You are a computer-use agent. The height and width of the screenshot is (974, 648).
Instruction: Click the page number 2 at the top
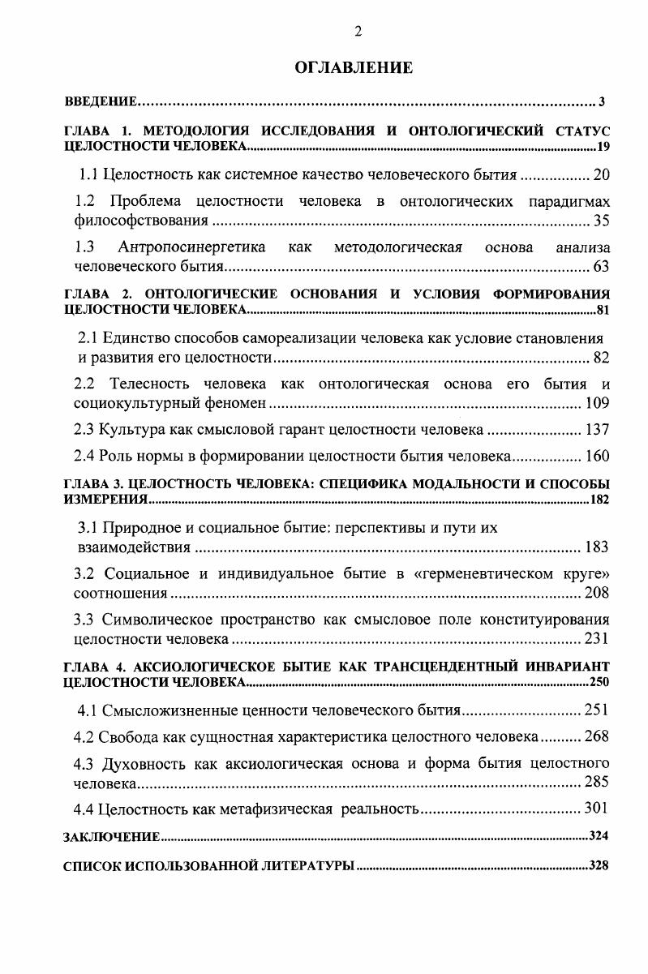[x=358, y=32]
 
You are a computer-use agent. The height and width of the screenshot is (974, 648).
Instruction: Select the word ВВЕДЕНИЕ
[x=99, y=102]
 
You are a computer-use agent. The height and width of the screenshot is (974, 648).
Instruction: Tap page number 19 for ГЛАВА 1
[x=602, y=147]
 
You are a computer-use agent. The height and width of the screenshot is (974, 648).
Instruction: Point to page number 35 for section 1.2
[x=601, y=220]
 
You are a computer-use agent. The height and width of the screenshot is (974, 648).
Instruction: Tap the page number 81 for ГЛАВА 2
[x=602, y=311]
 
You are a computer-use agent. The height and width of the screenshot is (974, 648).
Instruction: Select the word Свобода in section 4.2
[x=126, y=737]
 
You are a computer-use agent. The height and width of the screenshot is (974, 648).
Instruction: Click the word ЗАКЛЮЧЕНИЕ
[x=111, y=835]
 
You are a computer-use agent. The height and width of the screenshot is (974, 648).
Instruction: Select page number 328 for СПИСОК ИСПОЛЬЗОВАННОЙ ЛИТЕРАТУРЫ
[x=599, y=866]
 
